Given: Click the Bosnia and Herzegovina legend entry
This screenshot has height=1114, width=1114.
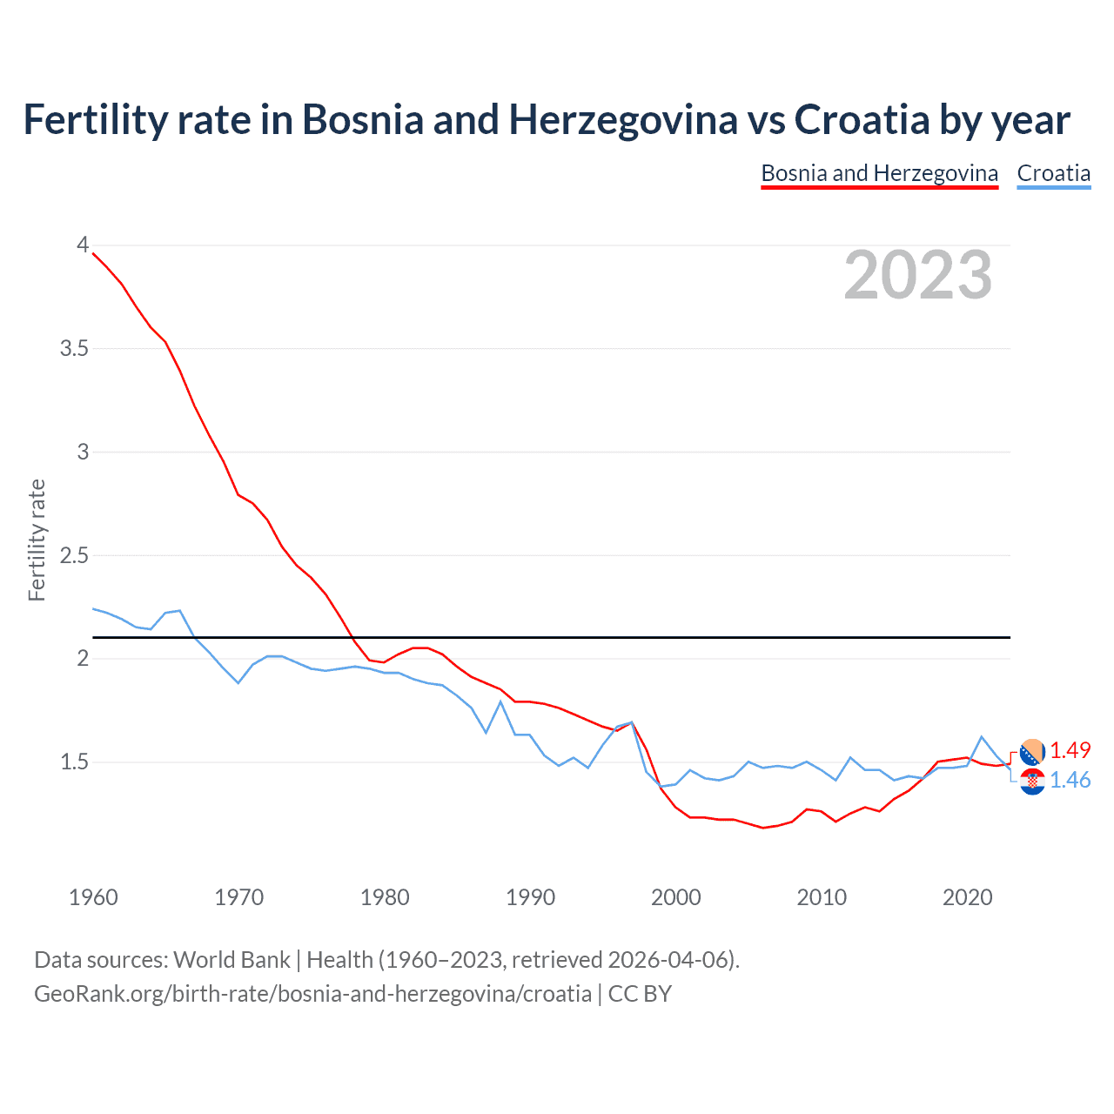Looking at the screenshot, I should point(879,173).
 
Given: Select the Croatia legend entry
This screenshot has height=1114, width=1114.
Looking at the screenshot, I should point(1053,173).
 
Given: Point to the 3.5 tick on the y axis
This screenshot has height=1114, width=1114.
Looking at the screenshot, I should point(74,349).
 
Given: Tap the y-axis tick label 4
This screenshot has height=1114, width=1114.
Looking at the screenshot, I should point(83,245).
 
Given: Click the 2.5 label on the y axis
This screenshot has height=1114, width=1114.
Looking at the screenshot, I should point(74,555).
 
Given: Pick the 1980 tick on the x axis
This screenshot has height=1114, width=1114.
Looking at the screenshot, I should point(385,897).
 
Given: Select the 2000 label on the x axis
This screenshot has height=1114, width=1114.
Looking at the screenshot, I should point(675,897).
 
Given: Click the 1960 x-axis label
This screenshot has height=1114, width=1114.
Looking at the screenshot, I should point(93,897).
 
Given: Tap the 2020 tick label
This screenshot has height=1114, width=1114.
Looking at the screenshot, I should point(967,897).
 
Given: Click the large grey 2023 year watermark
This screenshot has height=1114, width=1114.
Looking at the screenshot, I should point(917,276).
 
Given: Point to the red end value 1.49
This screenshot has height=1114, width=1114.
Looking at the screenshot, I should point(1070,750).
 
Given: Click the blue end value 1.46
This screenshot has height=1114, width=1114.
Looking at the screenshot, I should point(1070,780).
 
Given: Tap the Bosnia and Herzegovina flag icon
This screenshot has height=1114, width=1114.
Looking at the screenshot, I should point(1032,752).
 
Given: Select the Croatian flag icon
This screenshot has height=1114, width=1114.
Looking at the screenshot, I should point(1032,782).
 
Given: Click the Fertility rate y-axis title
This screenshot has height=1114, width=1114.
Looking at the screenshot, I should point(37,540).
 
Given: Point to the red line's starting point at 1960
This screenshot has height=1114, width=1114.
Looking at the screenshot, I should point(93,253).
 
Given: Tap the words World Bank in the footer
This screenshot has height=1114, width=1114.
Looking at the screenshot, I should point(232,960).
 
